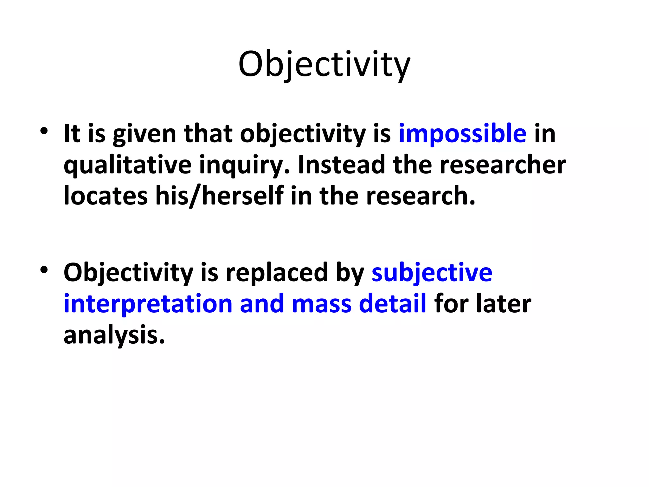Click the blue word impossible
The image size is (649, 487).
(x=462, y=134)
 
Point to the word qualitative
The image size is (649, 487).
(x=127, y=165)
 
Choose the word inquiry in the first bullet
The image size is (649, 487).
(x=244, y=165)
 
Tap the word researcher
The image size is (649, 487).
(x=503, y=165)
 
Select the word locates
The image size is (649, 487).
(x=106, y=196)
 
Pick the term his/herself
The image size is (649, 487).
(x=219, y=196)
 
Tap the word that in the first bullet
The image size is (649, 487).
(x=208, y=134)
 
